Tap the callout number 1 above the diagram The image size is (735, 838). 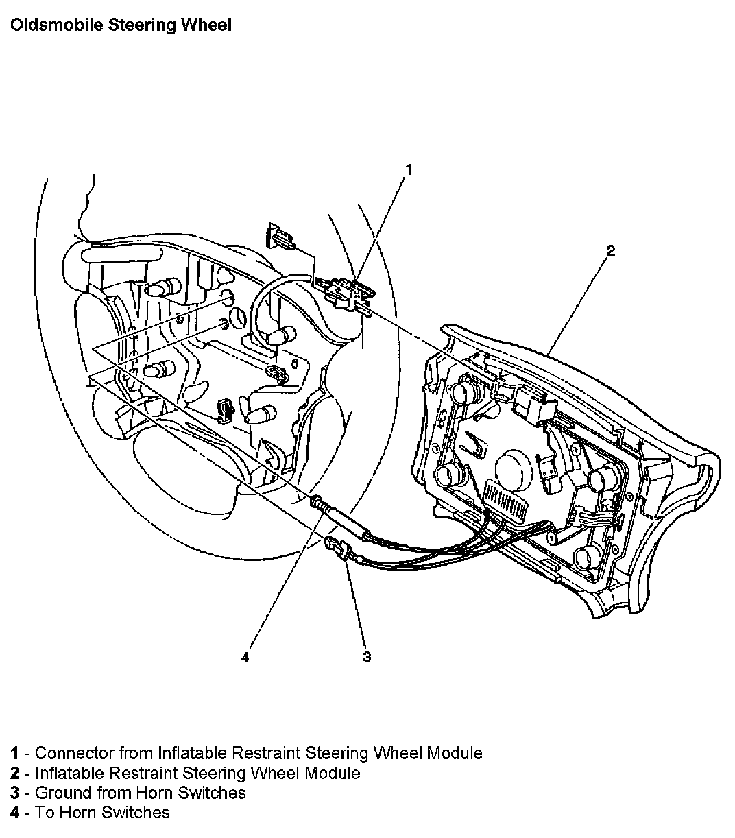409,169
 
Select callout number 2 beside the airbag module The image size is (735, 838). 611,251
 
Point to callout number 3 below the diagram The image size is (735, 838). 367,657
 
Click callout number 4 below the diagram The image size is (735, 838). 245,658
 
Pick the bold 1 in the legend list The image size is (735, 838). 14,753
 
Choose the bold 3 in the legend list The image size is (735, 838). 14,793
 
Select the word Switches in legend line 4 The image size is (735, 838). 135,813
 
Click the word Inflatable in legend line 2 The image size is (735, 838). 69,773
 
